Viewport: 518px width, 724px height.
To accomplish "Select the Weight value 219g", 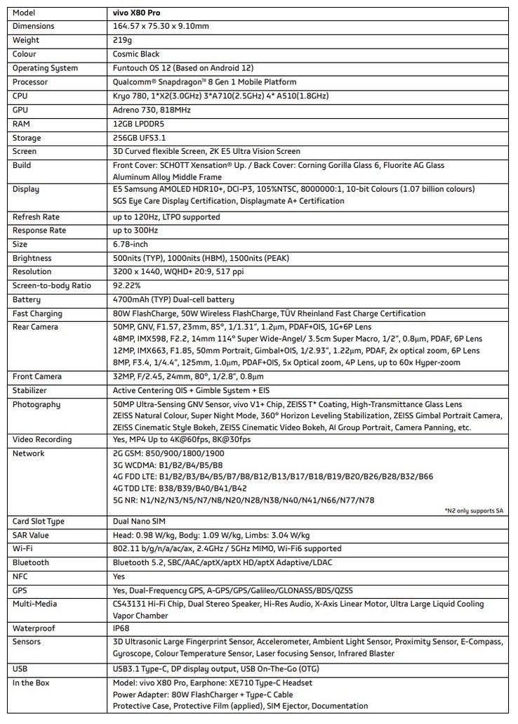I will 121,40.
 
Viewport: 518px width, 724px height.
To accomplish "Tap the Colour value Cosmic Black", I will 136,54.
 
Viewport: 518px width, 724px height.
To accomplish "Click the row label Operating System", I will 45,68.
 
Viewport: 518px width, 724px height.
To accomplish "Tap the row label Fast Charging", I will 37,313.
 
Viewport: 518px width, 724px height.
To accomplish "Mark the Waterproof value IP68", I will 121,628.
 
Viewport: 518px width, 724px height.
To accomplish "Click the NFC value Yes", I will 119,576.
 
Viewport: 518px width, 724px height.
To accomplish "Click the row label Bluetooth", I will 31,563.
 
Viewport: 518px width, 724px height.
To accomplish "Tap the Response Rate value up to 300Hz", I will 135,230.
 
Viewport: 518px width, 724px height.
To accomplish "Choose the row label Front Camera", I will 36,377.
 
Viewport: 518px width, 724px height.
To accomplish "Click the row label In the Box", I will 31,683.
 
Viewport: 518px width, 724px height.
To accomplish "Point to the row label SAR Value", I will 31,535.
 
